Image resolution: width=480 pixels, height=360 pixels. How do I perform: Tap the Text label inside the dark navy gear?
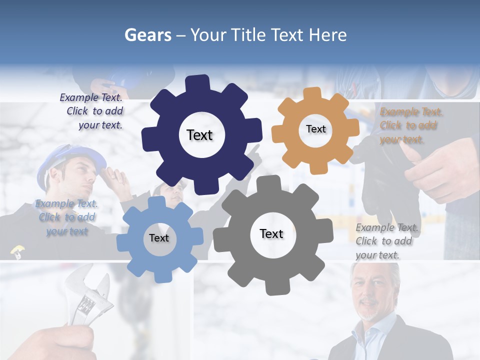199,135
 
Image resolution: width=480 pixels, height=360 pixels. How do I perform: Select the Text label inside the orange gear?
315,129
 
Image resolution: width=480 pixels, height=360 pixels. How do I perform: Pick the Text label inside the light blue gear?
159,238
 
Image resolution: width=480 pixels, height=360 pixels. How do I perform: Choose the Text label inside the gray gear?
271,234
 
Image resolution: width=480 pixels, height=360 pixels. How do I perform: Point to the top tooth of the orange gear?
313,93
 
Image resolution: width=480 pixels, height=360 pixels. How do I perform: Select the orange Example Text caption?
411,125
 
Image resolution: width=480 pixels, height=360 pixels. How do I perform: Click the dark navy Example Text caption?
91,111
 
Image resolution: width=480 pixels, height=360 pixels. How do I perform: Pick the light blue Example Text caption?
66,217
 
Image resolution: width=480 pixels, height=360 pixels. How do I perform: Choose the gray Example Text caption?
386,241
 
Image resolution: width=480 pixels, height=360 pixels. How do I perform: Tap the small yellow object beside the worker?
16,250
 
